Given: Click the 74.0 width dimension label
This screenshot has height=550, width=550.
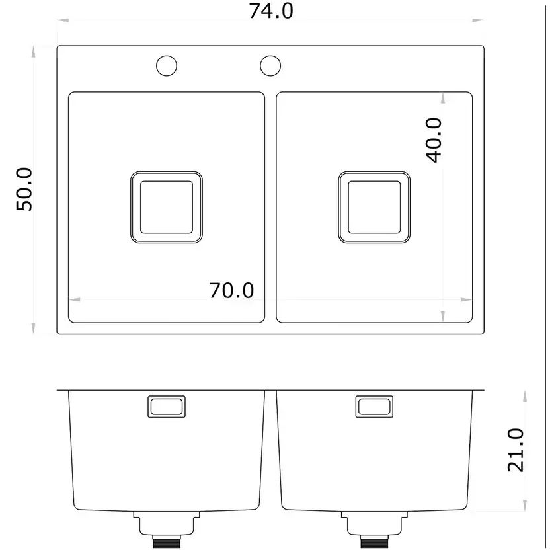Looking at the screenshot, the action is pyautogui.click(x=271, y=11).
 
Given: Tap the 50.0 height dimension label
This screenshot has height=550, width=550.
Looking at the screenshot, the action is pyautogui.click(x=24, y=189).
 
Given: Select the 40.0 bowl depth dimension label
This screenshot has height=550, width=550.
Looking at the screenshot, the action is pyautogui.click(x=434, y=140).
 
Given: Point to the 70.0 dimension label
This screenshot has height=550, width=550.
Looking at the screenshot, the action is pyautogui.click(x=231, y=290).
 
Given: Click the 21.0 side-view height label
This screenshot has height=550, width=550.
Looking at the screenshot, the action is pyautogui.click(x=516, y=450).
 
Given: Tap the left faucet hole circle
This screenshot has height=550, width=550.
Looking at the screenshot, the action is pyautogui.click(x=167, y=56).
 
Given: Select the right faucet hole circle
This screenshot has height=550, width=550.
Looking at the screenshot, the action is pyautogui.click(x=270, y=56).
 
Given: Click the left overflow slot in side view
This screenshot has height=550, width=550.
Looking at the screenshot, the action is pyautogui.click(x=167, y=397).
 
